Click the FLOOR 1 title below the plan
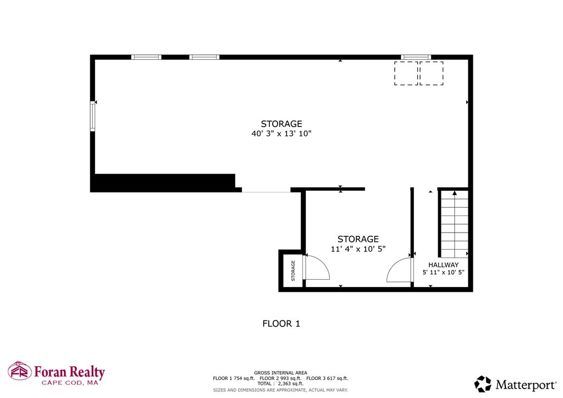click(281, 324)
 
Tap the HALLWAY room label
click(444, 265)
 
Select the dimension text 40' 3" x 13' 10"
click(281, 134)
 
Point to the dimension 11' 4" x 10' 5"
click(358, 248)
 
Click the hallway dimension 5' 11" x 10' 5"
click(444, 273)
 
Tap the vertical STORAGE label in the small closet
click(293, 270)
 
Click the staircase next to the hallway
click(454, 224)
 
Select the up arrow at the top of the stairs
click(455, 193)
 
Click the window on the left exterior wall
click(92, 116)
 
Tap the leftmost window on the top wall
click(146, 57)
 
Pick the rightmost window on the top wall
click(416, 57)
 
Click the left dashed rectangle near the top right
click(406, 73)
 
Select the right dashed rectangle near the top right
click(432, 73)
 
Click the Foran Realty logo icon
click(20, 371)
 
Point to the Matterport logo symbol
click(483, 384)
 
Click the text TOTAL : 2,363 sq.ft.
click(280, 384)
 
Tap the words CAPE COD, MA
click(70, 383)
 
